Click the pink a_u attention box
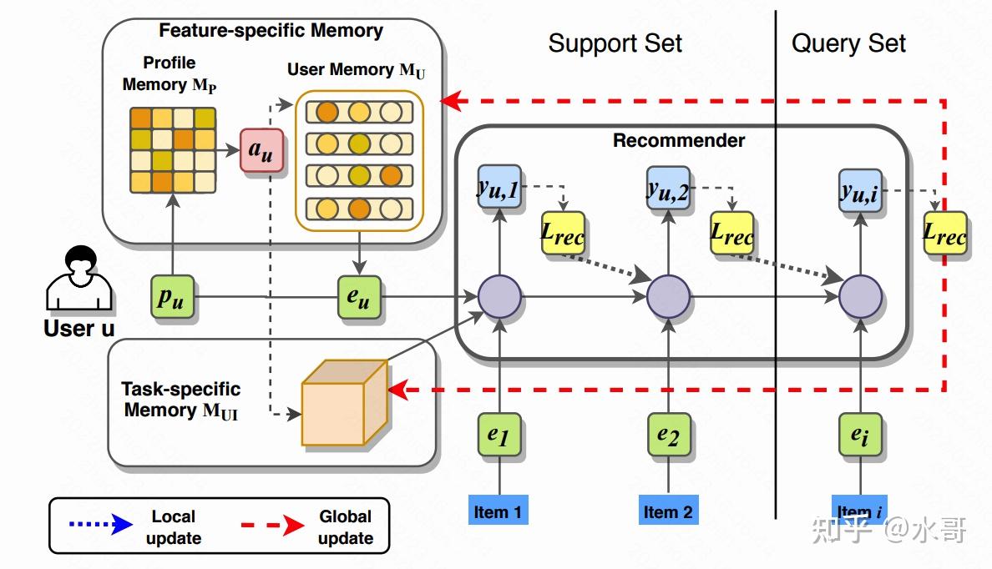click(261, 150)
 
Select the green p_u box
click(173, 296)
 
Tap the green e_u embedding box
click(359, 296)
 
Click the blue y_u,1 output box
click(499, 186)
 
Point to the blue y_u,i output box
click(860, 189)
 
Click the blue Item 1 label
click(499, 511)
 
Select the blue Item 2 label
click(668, 511)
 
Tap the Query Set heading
click(848, 43)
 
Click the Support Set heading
click(615, 43)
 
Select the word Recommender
click(679, 140)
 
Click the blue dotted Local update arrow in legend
click(100, 524)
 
